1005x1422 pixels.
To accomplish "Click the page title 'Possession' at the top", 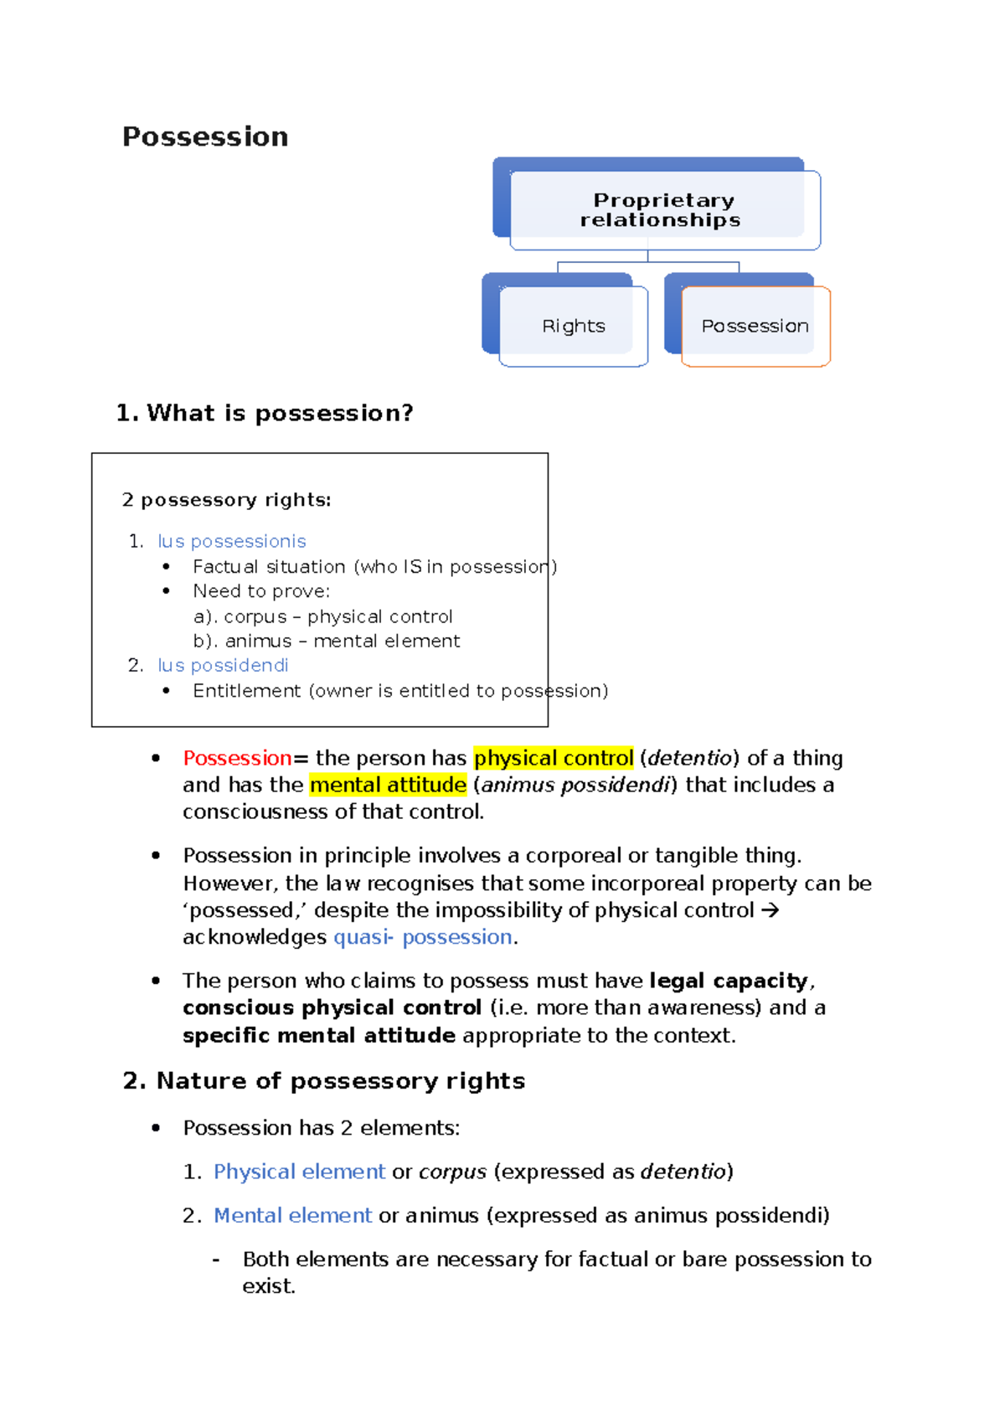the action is pos(205,137).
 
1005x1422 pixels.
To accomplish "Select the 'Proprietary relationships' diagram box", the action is pos(660,209).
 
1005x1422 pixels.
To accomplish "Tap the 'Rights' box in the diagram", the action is pos(574,326).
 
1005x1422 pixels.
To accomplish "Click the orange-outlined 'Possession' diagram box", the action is pos(755,326).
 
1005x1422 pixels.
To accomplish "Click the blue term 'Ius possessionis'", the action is pos(232,541).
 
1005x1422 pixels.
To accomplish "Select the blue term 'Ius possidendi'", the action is pos(223,665).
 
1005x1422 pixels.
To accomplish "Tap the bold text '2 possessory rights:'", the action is pos(226,500).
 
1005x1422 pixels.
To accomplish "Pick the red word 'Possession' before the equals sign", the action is pos(237,758).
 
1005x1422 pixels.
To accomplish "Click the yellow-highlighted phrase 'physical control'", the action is pos(554,758).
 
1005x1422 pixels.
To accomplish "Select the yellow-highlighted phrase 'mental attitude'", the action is pos(388,785).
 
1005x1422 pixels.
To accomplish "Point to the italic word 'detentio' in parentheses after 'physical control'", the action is pos(689,758).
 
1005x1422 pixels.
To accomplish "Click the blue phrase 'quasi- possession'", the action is pos(423,937).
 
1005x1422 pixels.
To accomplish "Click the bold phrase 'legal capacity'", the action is pos(729,981).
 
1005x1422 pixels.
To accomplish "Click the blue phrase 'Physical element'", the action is pos(299,1172).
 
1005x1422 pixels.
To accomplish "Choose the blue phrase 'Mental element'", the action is pos(292,1215).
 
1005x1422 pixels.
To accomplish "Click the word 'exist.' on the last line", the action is pos(269,1286).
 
